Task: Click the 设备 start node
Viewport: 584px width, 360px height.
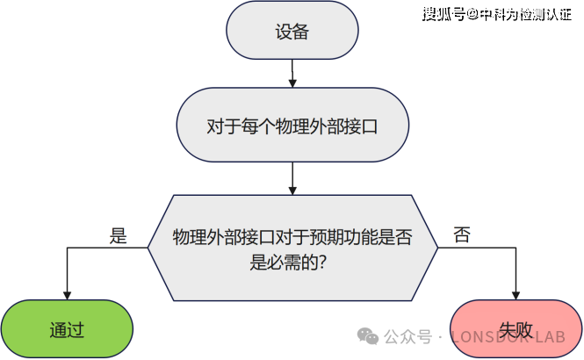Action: pos(292,33)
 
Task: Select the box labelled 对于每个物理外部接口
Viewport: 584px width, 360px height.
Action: pos(292,126)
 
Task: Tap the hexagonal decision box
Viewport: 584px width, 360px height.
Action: pos(292,248)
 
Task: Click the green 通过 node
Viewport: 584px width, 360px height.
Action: pos(67,330)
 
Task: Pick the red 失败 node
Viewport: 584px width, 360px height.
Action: pos(516,330)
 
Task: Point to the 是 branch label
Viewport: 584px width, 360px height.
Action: pos(118,235)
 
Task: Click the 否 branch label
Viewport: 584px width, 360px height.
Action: pos(461,234)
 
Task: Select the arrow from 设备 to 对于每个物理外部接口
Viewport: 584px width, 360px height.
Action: pos(292,76)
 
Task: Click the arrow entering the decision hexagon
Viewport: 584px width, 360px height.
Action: pos(292,179)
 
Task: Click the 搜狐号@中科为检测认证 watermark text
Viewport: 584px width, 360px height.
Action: pos(501,14)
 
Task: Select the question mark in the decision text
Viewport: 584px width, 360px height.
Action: pos(323,260)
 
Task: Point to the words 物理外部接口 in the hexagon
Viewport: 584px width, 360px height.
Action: pos(225,236)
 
